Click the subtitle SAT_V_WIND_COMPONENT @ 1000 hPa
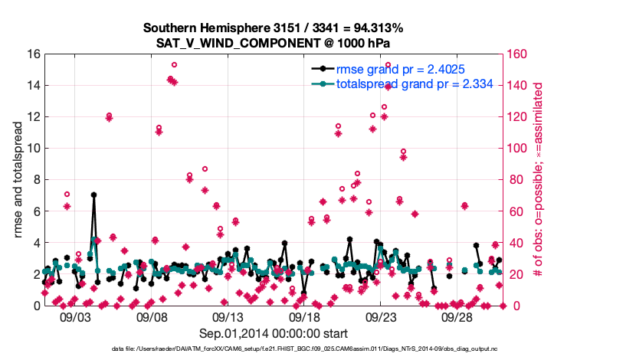coord(273,42)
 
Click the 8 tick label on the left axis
coord(34,180)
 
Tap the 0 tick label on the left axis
coord(34,306)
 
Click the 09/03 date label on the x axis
coord(75,317)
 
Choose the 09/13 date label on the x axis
coord(228,317)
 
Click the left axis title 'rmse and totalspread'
coord(18,180)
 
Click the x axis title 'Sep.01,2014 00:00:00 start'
coord(274,333)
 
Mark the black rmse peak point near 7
coord(93,195)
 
